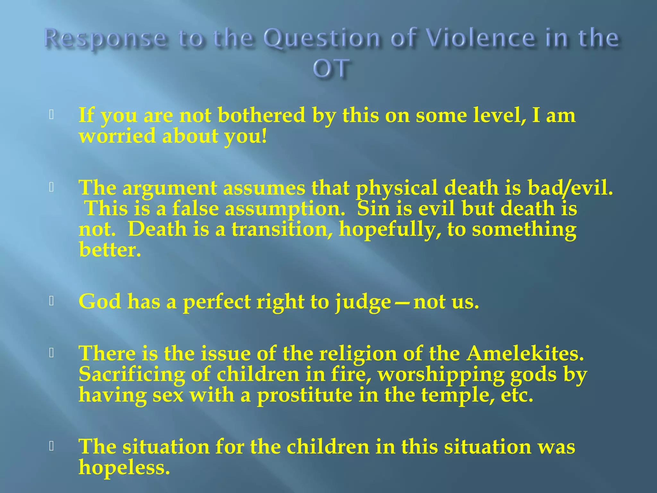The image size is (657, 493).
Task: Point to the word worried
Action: pos(117,136)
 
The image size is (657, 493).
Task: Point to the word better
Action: pos(110,250)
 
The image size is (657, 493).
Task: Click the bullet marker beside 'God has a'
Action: pos(51,301)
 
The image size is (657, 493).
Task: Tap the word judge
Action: pos(363,302)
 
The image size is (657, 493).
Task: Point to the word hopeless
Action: pos(124,467)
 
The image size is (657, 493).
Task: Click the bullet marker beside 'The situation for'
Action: pos(51,446)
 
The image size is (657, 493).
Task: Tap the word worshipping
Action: pos(441,375)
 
